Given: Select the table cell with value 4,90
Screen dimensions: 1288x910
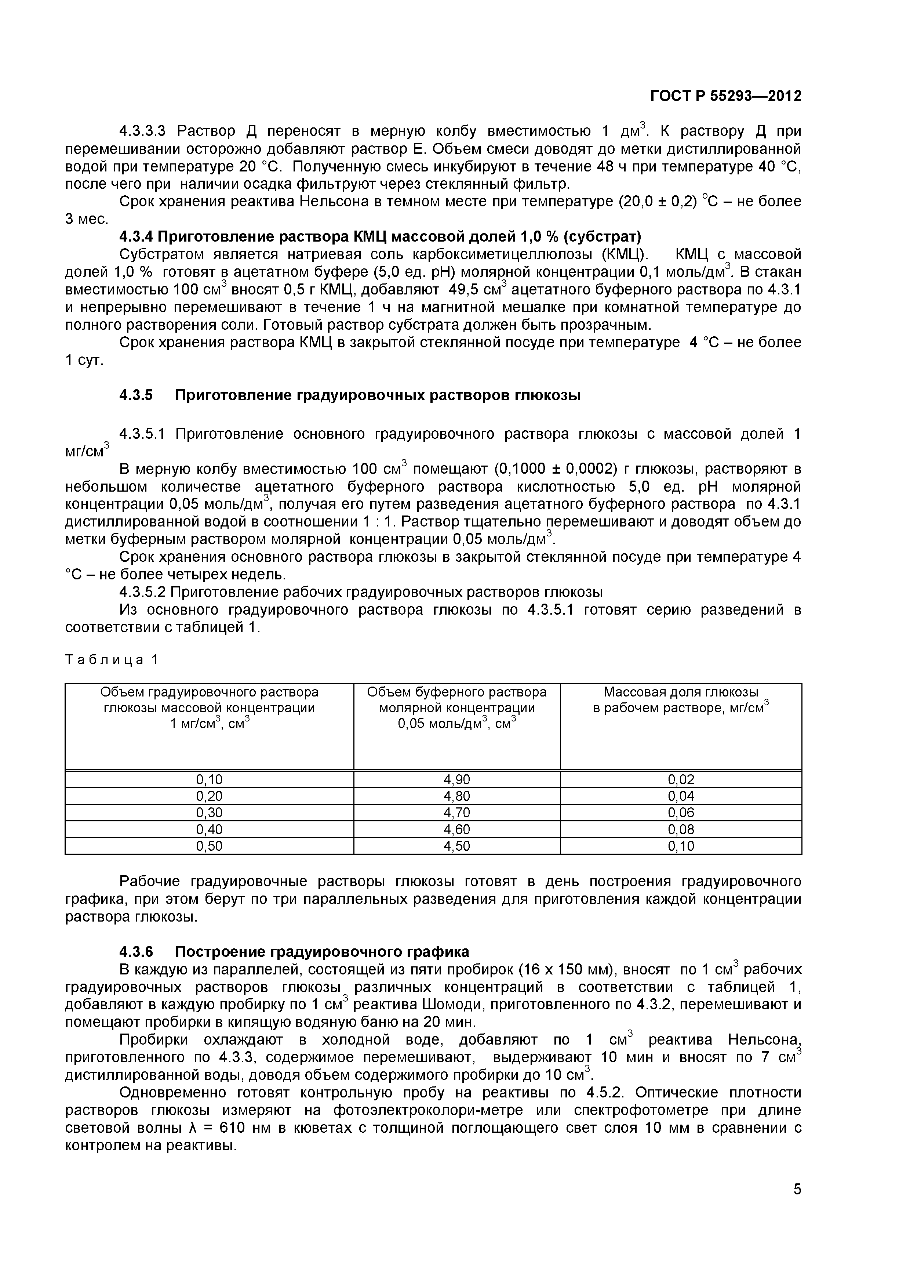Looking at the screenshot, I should point(456,779).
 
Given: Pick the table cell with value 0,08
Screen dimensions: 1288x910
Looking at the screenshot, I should point(680,829).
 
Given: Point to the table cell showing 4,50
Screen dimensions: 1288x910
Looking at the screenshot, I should point(456,846).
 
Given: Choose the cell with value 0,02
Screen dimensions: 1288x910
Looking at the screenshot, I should point(680,779).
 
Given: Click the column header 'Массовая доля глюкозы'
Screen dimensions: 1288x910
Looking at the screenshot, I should point(680,692).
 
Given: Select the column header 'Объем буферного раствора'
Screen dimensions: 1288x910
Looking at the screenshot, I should point(456,692).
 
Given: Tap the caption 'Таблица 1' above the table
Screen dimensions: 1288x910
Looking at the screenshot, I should point(112,660).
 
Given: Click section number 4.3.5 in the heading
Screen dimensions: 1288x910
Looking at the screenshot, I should point(136,395).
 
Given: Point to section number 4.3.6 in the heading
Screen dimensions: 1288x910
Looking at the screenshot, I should point(136,952).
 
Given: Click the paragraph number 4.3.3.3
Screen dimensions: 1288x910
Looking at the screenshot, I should point(143,132).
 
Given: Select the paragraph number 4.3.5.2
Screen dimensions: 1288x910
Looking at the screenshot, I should point(143,592).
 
